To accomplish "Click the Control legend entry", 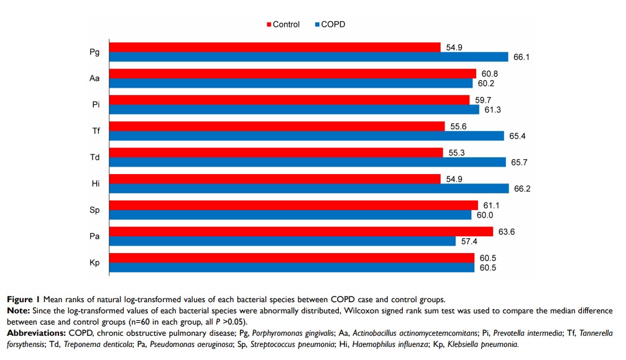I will click(x=283, y=24).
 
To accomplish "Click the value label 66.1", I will click(x=522, y=57).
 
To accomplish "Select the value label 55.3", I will click(x=456, y=153).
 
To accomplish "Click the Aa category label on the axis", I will click(x=95, y=78).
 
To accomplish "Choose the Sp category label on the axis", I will click(x=95, y=210).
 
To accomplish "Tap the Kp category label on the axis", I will click(x=95, y=263).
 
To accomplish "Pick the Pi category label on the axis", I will click(x=95, y=104).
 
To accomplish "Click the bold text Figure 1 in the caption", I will click(x=24, y=299).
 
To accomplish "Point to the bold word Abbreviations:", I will click(x=32, y=333).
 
